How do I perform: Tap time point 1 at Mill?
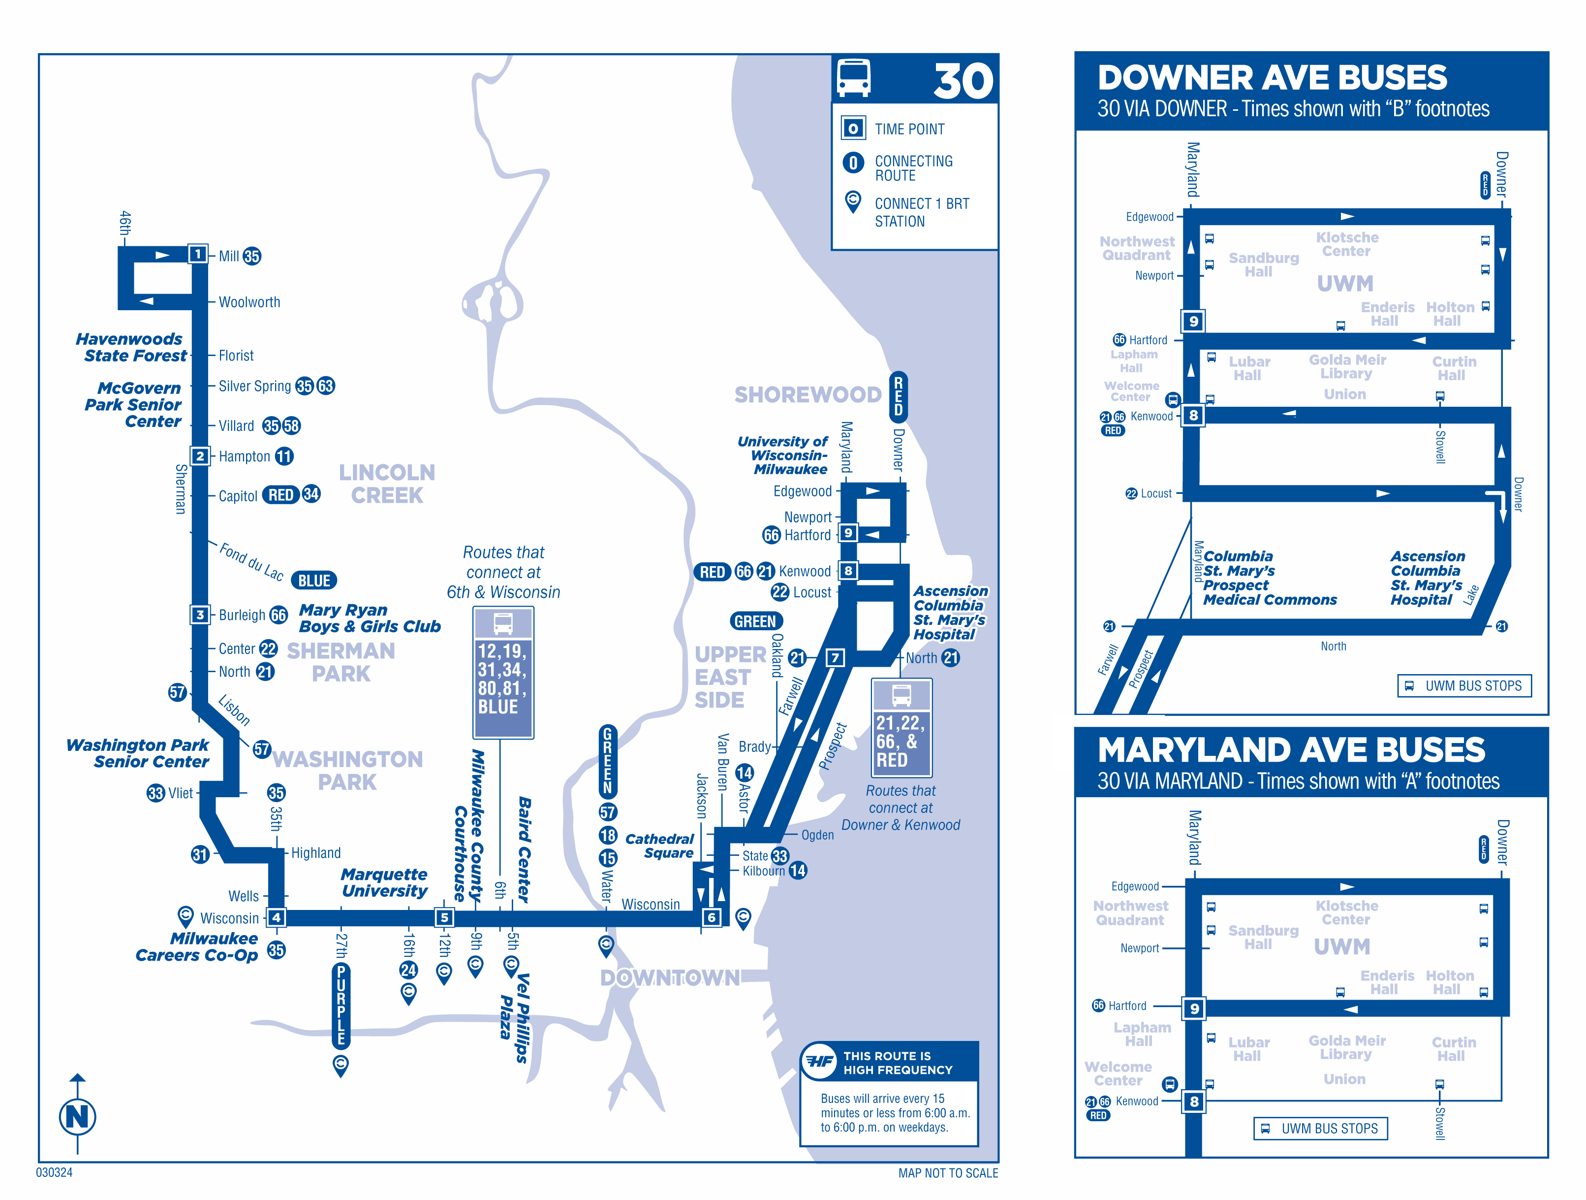197,254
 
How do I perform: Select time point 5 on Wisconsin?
444,917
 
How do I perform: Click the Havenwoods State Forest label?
133,347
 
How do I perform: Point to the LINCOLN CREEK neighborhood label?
387,484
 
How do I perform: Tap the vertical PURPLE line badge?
342,1004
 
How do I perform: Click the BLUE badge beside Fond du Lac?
314,580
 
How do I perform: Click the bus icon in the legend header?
853,78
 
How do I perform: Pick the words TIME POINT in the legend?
909,129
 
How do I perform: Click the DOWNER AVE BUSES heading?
1272,77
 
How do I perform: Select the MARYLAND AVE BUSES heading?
1291,749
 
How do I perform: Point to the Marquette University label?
384,882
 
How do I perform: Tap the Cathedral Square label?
659,845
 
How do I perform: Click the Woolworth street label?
249,302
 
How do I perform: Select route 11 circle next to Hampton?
284,456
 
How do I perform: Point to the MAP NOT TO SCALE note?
947,1173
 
